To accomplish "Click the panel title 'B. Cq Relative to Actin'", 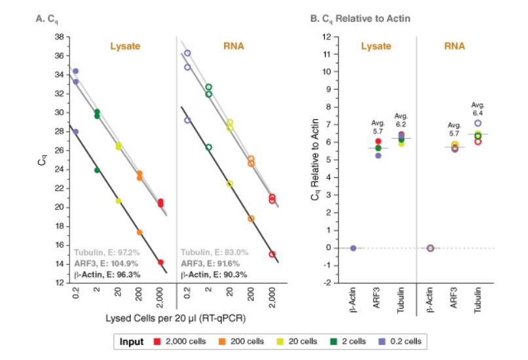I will tap(360, 19).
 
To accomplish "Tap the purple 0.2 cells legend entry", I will tap(402, 342).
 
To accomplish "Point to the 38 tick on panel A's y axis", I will tap(58, 37).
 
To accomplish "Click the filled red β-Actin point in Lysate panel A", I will tap(160, 262).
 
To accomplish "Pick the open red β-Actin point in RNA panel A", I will tap(272, 254).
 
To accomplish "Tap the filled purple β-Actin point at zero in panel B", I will tap(353, 248).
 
